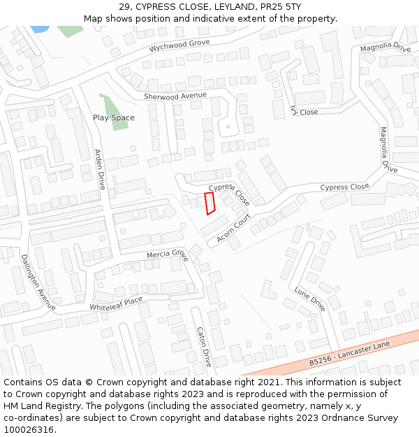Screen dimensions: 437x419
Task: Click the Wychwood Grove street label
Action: [179, 46]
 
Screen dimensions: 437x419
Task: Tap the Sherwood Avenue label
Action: [175, 96]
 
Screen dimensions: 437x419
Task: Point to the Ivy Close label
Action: [304, 110]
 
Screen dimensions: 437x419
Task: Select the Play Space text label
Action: [114, 117]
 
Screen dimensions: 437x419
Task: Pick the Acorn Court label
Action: [233, 229]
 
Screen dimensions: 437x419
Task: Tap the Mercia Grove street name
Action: [167, 254]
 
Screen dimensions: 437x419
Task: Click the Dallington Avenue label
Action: [38, 282]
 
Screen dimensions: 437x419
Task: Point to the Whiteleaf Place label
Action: [116, 304]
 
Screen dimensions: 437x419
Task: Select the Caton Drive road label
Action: [203, 347]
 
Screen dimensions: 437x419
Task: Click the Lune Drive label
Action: [309, 299]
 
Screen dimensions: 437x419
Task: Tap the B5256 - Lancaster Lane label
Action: [349, 354]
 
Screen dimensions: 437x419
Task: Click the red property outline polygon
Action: [209, 203]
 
